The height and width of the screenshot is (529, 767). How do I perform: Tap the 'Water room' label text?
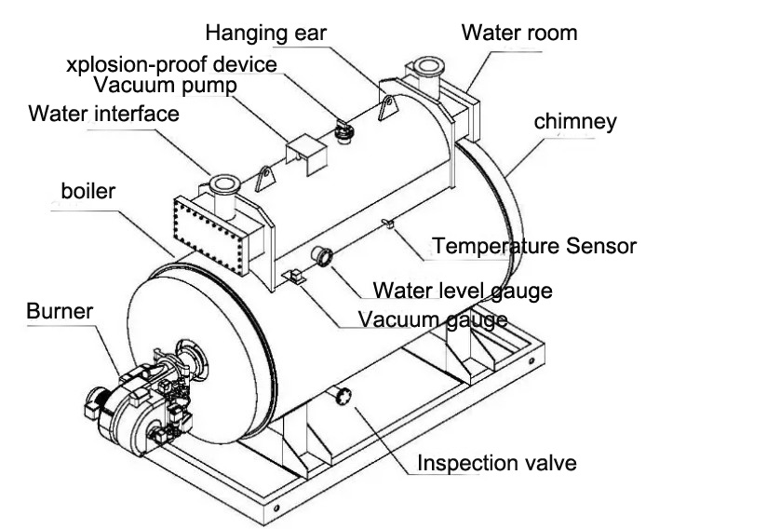pos(519,33)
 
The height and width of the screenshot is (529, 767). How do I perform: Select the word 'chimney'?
pos(574,121)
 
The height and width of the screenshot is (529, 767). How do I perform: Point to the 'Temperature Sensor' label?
pos(534,246)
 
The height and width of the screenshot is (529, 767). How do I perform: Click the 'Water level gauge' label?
pos(462,290)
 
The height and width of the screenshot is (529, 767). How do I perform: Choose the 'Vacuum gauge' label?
pos(433,319)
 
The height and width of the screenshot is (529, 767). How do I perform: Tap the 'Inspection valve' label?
pos(496,463)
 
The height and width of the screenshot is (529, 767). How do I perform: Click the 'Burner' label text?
pos(60,310)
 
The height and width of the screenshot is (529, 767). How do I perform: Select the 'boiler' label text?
pos(87,193)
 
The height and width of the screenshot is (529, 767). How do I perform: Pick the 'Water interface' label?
pos(103,115)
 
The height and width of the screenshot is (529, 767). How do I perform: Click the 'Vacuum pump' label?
pos(164,86)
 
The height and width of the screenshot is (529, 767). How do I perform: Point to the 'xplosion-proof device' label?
pos(172,64)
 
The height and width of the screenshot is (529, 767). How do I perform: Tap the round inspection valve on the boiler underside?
pos(343,397)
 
